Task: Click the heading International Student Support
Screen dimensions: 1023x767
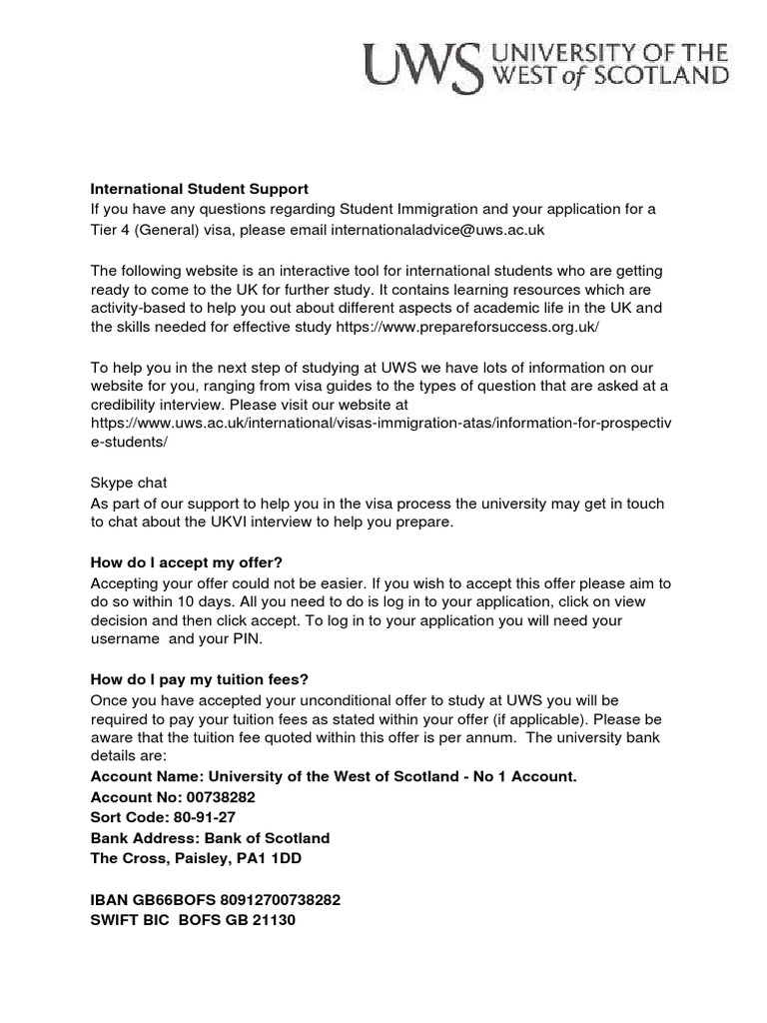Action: [x=200, y=188]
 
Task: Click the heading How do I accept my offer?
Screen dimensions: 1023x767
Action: [x=194, y=562]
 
